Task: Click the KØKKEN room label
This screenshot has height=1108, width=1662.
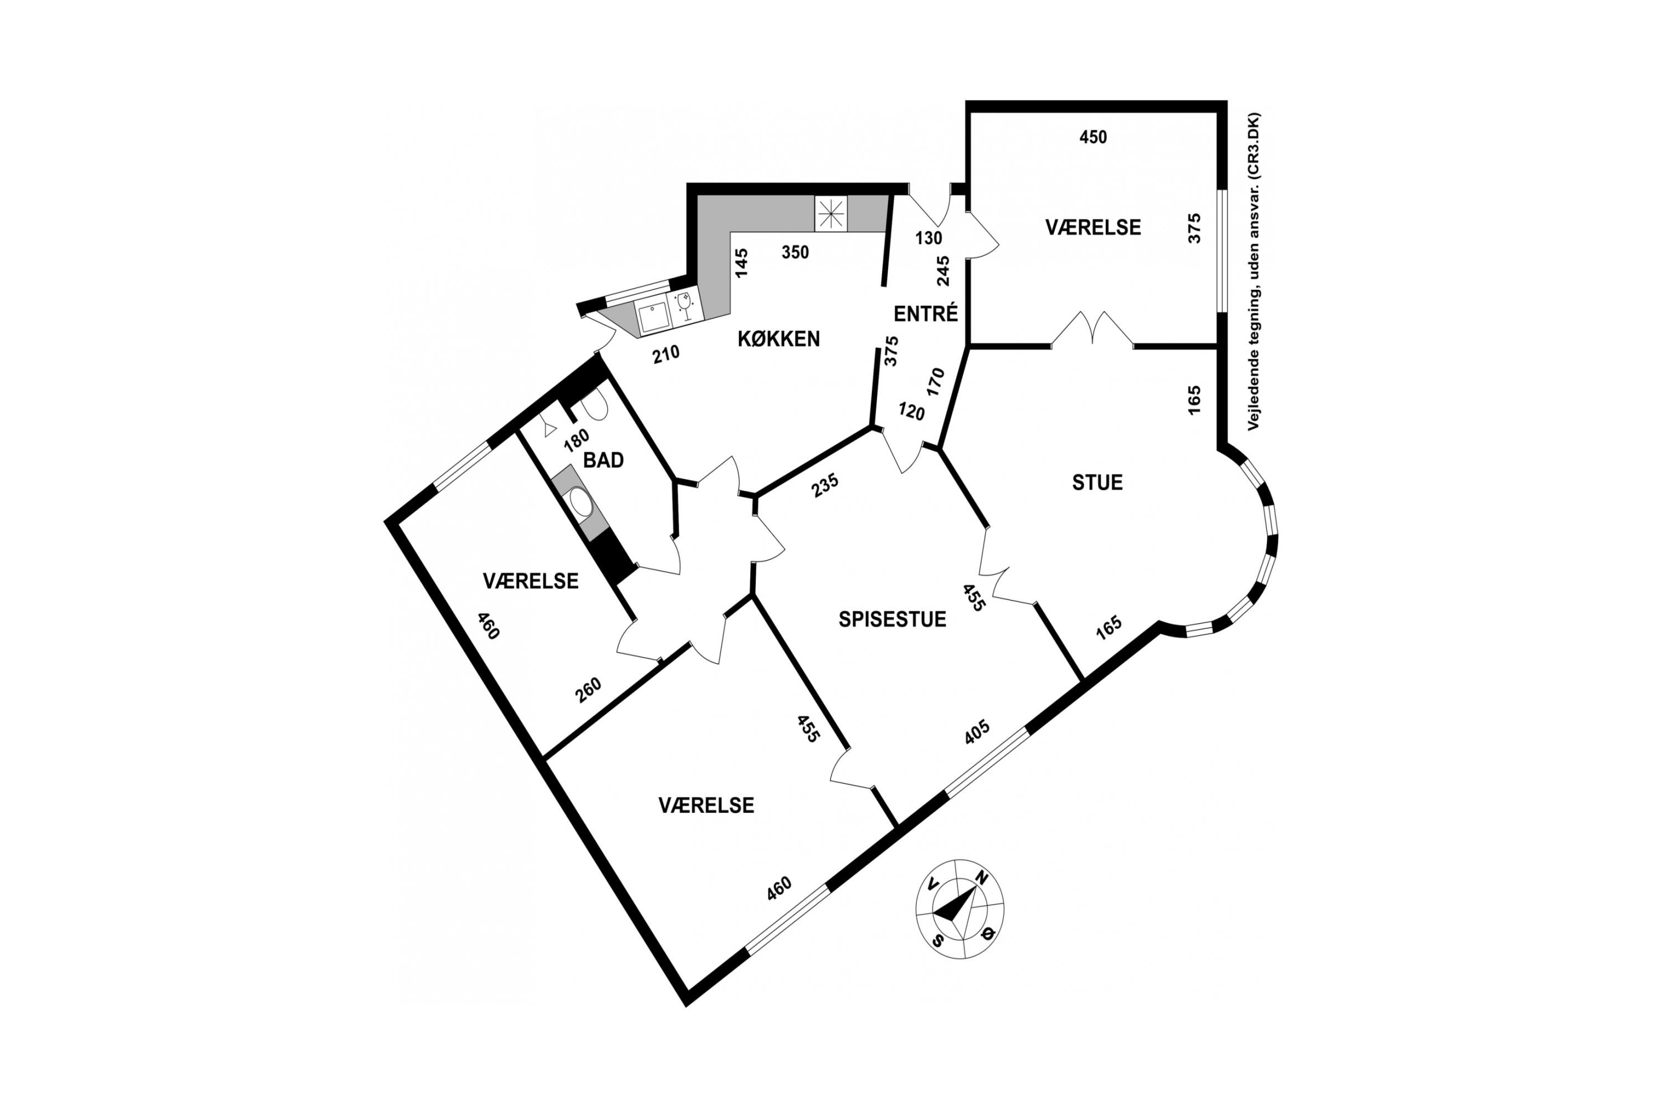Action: coord(779,339)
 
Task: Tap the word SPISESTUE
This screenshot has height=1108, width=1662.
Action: coord(892,620)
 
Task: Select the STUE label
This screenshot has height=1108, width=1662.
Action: coord(1097,483)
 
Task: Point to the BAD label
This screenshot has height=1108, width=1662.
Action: coord(603,460)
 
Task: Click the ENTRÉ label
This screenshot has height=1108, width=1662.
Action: coord(926,313)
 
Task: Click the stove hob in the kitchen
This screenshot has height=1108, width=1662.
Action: coord(830,213)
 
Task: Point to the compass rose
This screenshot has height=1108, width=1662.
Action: coord(960,909)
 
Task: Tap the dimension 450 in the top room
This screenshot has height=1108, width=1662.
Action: coord(1093,137)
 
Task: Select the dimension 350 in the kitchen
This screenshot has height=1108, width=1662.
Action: coord(795,252)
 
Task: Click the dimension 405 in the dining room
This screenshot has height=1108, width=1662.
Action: coord(977,732)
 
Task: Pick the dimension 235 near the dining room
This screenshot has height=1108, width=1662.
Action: coord(825,485)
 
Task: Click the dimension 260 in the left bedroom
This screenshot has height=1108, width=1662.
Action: coord(588,690)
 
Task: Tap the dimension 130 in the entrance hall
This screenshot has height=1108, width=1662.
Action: coord(929,238)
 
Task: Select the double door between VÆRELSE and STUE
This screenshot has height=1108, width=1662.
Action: coord(1092,329)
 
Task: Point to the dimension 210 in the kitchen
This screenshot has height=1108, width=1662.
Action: coord(666,353)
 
